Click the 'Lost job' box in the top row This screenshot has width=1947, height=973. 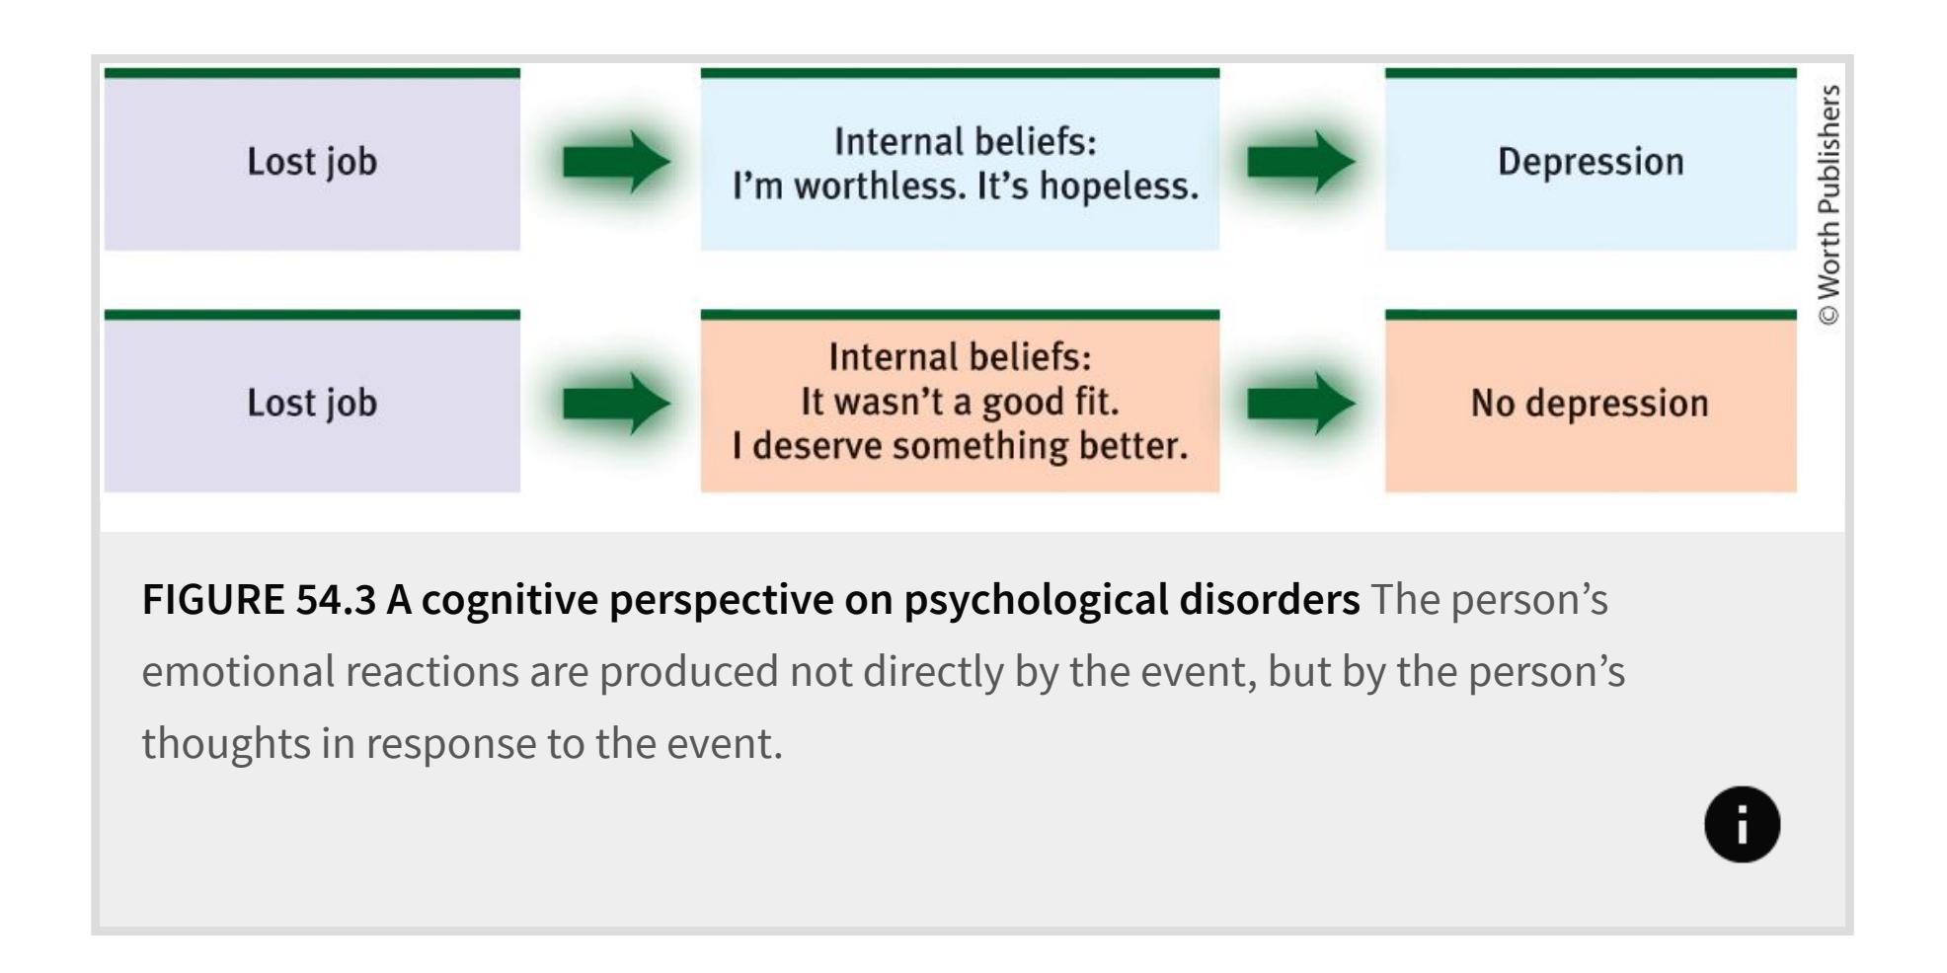(x=312, y=160)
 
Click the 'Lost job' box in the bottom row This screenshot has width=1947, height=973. (x=312, y=402)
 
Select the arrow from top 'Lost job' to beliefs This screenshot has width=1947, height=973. (x=616, y=161)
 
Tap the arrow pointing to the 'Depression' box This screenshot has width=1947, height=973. (x=1301, y=161)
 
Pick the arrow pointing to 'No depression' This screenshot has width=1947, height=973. (x=1301, y=403)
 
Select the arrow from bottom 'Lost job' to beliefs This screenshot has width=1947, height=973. (x=616, y=403)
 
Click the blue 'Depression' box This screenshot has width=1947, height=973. (x=1591, y=160)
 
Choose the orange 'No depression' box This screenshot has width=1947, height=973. (x=1591, y=402)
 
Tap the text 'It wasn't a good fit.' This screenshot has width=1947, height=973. (x=960, y=402)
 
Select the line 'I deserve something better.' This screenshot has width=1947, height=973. (x=960, y=446)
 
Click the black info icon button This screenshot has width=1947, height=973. (x=1742, y=824)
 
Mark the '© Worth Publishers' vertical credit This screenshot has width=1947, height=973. (x=1829, y=204)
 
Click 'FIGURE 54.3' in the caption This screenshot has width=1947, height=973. (x=259, y=599)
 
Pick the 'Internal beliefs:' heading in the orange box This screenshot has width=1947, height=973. (x=960, y=357)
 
